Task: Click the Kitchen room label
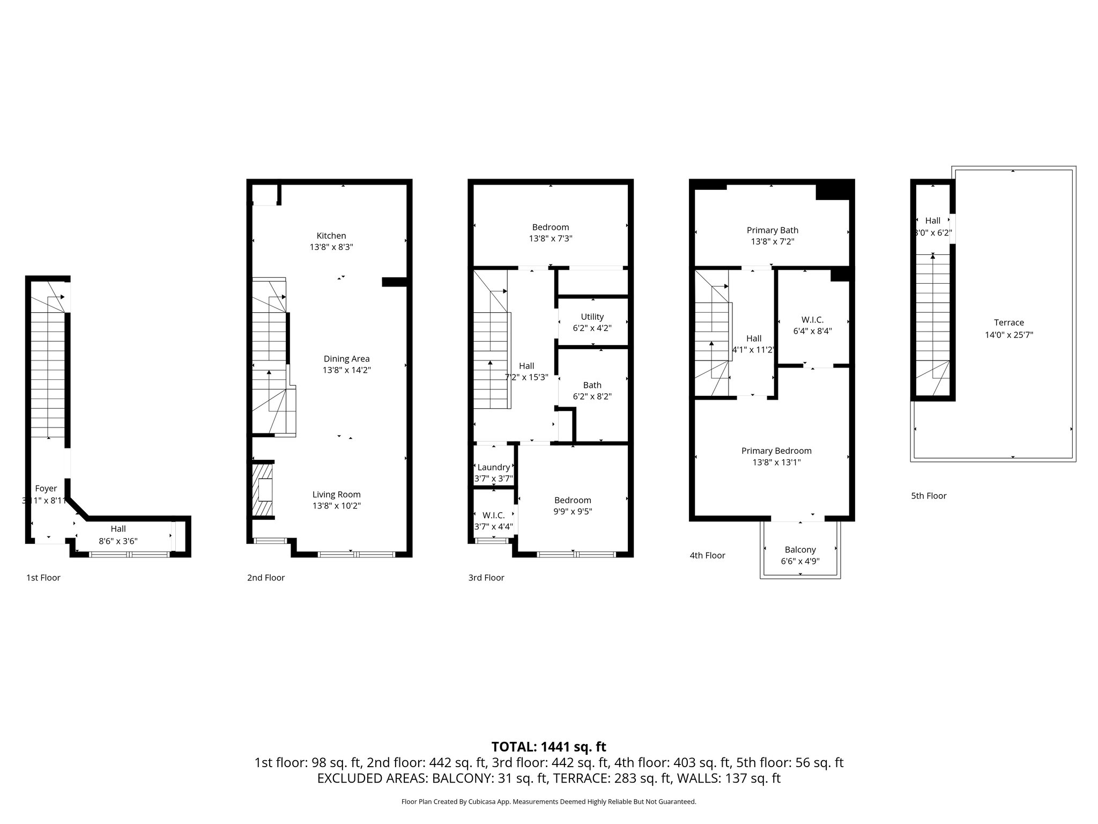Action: coord(331,236)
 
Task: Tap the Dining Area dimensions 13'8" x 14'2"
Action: coord(346,370)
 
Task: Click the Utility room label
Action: coord(592,317)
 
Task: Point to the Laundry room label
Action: coord(493,467)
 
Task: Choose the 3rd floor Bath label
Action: coord(592,385)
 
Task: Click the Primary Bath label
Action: coord(772,230)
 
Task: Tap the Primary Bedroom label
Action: coord(776,451)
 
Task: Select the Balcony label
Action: coord(800,549)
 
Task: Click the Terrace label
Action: coord(1008,322)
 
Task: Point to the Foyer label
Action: coord(46,489)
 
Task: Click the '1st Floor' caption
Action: coord(43,578)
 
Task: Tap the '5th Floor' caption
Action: coord(929,496)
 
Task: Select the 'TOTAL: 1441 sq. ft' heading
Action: coord(548,747)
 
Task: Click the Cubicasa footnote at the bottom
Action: coord(548,802)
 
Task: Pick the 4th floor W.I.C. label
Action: coord(812,320)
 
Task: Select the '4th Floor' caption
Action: coord(707,555)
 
